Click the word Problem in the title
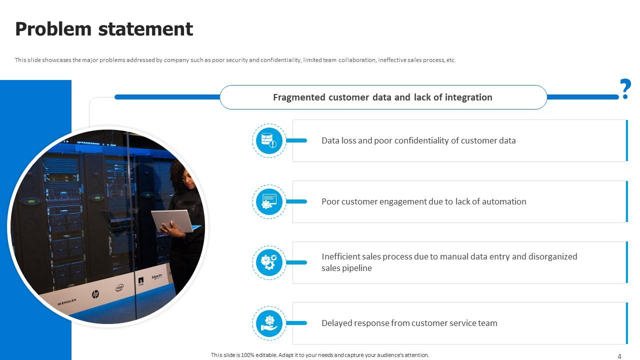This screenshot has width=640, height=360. (x=53, y=29)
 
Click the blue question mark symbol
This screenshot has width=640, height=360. (x=625, y=89)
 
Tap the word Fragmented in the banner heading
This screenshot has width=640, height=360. (x=299, y=97)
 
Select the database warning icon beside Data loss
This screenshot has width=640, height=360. (x=269, y=140)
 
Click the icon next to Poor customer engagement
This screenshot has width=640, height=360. (x=269, y=201)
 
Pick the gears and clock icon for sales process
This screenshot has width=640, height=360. (x=269, y=262)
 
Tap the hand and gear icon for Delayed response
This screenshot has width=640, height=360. (x=269, y=323)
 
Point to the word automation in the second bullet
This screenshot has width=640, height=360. (x=504, y=201)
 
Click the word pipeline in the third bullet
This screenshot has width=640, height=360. (x=357, y=268)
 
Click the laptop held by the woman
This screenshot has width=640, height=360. (x=173, y=221)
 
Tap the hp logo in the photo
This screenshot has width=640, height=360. (x=95, y=294)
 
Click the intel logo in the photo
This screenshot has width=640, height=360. (x=119, y=287)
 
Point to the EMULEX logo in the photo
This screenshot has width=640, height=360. (x=67, y=301)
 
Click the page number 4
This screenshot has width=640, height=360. (x=619, y=356)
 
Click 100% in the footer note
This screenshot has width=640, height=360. (x=247, y=355)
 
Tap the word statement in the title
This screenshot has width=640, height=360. (x=145, y=29)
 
